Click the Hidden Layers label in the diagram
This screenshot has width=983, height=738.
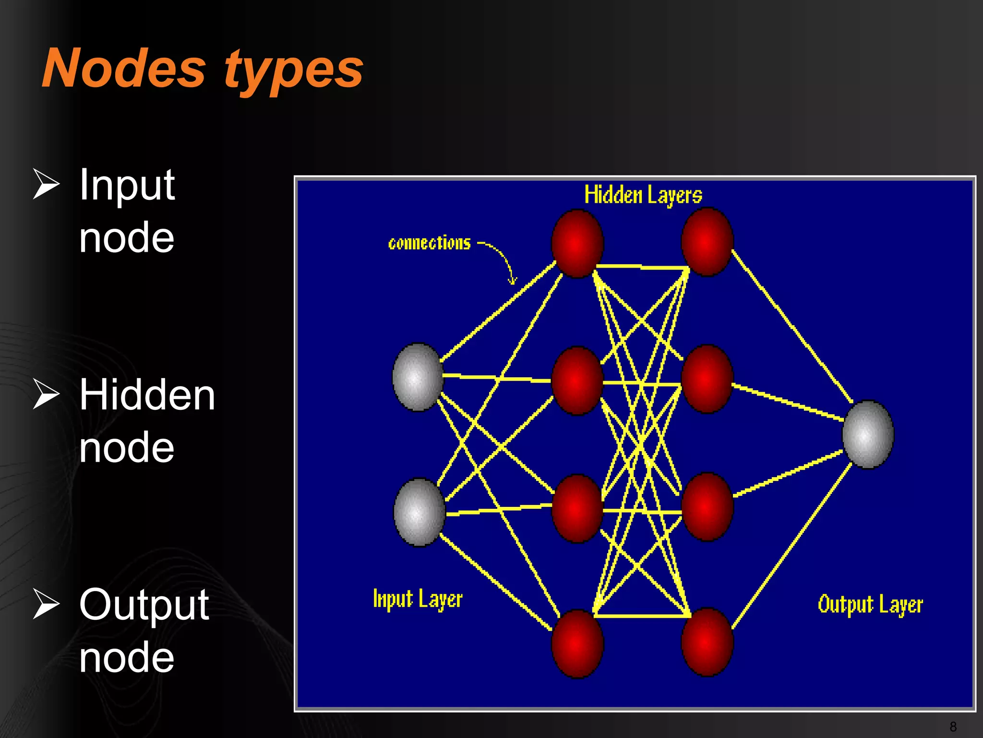click(643, 195)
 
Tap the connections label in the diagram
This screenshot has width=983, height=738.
click(429, 243)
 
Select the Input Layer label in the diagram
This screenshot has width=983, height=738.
click(418, 599)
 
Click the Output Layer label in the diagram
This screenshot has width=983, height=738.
click(870, 604)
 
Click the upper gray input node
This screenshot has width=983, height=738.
click(418, 377)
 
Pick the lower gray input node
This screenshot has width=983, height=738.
click(419, 512)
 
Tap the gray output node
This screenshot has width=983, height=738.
click(868, 434)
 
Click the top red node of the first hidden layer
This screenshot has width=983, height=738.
click(577, 244)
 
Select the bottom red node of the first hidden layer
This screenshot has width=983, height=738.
click(577, 644)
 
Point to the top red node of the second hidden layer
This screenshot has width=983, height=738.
click(707, 242)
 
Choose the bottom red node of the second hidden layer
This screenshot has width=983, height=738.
click(707, 642)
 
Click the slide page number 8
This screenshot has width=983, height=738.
click(953, 726)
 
